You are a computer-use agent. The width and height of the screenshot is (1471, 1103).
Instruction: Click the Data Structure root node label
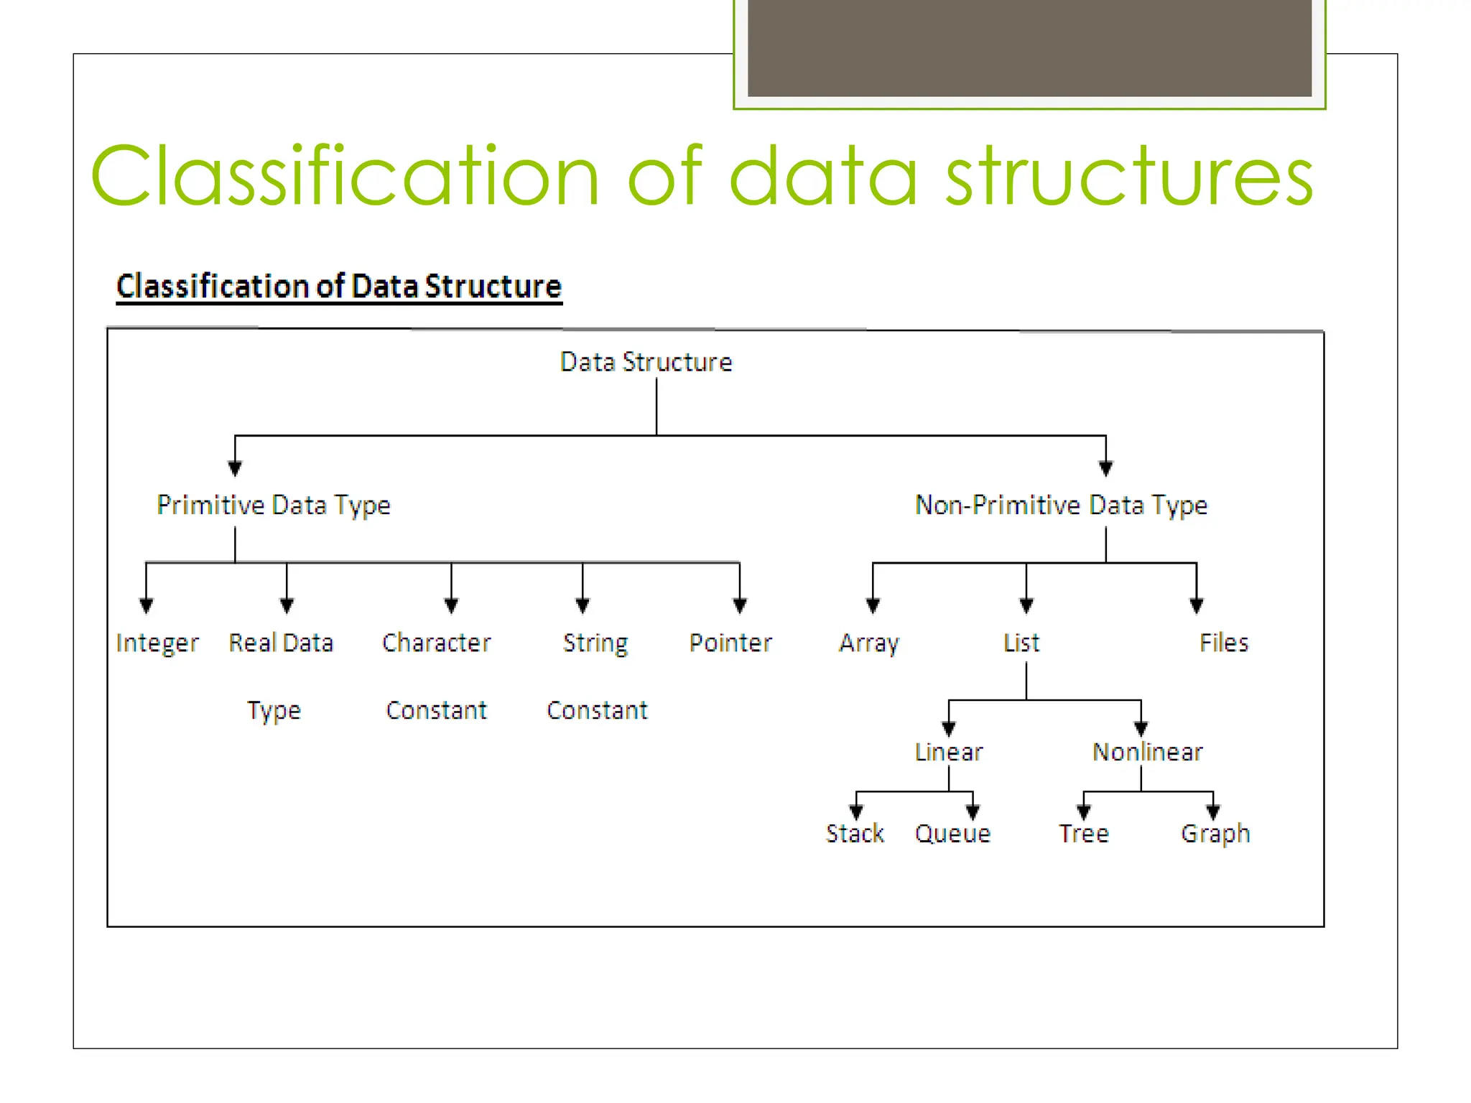(x=646, y=362)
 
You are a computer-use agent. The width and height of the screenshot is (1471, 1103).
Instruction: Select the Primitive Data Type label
(x=274, y=506)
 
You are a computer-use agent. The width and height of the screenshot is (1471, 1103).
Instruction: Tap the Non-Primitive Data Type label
(x=1061, y=506)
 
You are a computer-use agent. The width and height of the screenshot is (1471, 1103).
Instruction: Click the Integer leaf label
(x=157, y=643)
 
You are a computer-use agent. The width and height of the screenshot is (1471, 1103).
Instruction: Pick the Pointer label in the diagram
(x=730, y=643)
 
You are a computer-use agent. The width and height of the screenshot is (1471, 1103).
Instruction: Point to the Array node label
(x=869, y=643)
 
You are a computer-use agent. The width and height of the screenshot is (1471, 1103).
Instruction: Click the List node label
(x=1021, y=643)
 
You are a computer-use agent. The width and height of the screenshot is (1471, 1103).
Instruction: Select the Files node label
(x=1224, y=643)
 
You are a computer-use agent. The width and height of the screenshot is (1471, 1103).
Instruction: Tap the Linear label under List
(x=948, y=752)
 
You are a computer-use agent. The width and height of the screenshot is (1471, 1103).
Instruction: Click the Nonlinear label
(x=1147, y=752)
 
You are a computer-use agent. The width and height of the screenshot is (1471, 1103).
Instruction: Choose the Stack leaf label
(x=855, y=834)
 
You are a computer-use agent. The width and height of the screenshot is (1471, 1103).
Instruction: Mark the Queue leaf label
(x=952, y=834)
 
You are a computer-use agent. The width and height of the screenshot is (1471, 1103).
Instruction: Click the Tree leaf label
(x=1084, y=834)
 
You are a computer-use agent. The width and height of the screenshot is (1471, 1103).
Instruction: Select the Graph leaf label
(x=1215, y=834)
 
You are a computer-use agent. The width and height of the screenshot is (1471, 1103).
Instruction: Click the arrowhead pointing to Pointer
(x=740, y=606)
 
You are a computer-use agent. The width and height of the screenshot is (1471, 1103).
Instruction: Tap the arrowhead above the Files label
(x=1197, y=606)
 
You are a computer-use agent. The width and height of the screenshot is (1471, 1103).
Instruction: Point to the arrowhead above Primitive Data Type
(x=235, y=468)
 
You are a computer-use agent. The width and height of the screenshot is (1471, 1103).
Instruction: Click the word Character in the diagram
(x=436, y=643)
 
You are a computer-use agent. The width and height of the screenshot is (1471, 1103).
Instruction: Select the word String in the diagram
(x=595, y=643)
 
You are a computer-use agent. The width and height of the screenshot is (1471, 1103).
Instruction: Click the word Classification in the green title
(x=345, y=176)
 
